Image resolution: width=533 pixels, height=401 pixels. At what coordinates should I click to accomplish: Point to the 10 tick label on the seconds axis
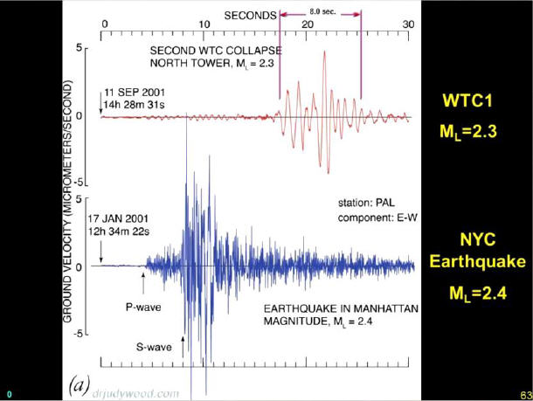[204, 23]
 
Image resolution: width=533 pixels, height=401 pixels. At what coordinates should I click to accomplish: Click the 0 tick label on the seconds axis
[104, 23]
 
